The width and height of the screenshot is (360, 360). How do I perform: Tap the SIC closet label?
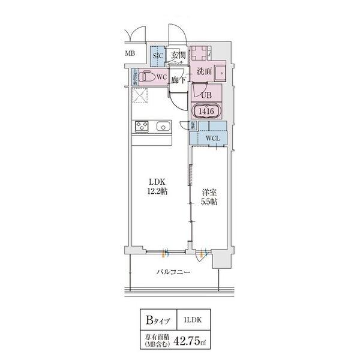[x=158, y=56]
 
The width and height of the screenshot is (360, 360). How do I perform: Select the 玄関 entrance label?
[x=178, y=56]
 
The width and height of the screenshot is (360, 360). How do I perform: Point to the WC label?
[x=161, y=77]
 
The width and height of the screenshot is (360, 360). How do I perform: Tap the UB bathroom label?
[x=206, y=94]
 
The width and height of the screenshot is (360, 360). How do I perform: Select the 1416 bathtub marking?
[x=206, y=110]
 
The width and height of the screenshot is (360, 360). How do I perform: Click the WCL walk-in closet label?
[x=212, y=139]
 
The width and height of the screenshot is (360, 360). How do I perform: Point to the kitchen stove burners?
[x=142, y=127]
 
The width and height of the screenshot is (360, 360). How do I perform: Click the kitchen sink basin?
[x=162, y=127]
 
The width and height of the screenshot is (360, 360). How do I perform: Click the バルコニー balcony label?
[x=173, y=272]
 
